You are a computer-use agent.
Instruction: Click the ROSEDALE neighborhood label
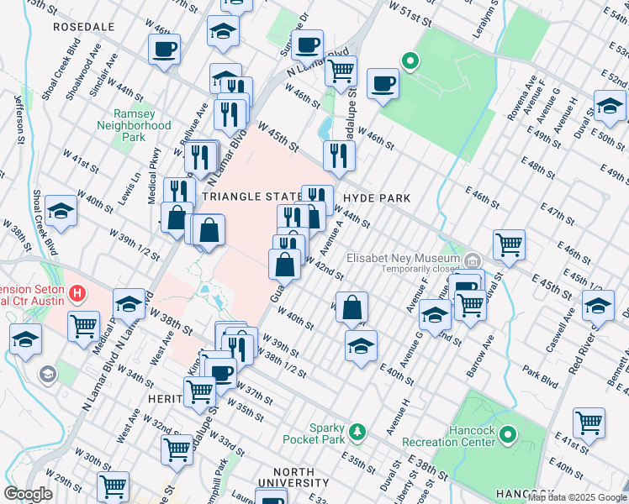(83, 27)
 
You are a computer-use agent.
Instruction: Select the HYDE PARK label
(377, 198)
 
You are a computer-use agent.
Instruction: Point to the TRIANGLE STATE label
(251, 196)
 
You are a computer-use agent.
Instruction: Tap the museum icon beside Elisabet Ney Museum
(473, 260)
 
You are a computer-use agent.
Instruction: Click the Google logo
(29, 494)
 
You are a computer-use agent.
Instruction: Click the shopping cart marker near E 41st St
(589, 422)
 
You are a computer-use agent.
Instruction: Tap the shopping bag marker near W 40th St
(354, 306)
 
